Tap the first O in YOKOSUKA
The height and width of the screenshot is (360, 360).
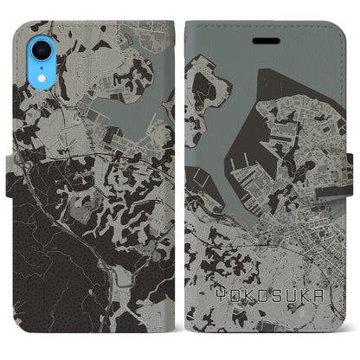point(229,292)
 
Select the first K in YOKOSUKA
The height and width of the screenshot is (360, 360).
point(243,292)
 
